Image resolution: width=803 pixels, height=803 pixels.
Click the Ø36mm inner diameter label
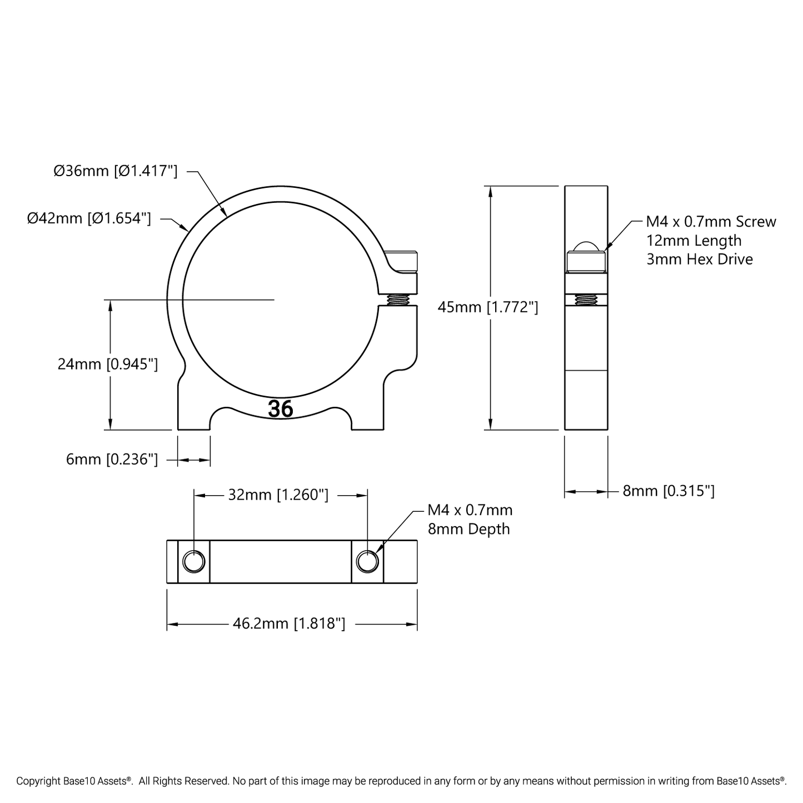pos(116,171)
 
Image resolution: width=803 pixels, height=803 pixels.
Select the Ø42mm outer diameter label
pos(89,218)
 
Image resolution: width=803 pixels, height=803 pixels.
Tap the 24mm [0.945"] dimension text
pos(108,364)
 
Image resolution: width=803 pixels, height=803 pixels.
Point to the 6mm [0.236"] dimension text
pos(112,460)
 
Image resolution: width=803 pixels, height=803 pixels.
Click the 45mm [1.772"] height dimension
pos(487,307)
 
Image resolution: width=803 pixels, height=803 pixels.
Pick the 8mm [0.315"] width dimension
pos(668,491)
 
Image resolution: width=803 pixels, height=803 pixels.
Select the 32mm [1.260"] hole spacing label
pos(278,495)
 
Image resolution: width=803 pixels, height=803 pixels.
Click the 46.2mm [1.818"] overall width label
pos(288,624)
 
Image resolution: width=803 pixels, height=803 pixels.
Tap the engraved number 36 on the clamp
pos(281,409)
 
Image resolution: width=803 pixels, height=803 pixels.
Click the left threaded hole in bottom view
pos(194,561)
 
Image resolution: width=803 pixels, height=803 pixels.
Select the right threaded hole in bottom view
pos(367,561)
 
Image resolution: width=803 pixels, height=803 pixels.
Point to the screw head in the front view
pos(403,262)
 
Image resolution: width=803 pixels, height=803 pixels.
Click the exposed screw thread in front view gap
pos(398,300)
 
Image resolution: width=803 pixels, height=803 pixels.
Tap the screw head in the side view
pos(586,259)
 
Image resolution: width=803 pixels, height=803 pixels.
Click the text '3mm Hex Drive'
pos(700,260)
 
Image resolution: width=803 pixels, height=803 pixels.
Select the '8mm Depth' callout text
pos(468,529)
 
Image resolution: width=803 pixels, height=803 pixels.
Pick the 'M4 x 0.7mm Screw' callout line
pos(711,222)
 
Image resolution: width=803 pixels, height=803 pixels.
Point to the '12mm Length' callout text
pos(694,241)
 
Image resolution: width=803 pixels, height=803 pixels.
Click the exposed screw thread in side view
pos(586,300)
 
